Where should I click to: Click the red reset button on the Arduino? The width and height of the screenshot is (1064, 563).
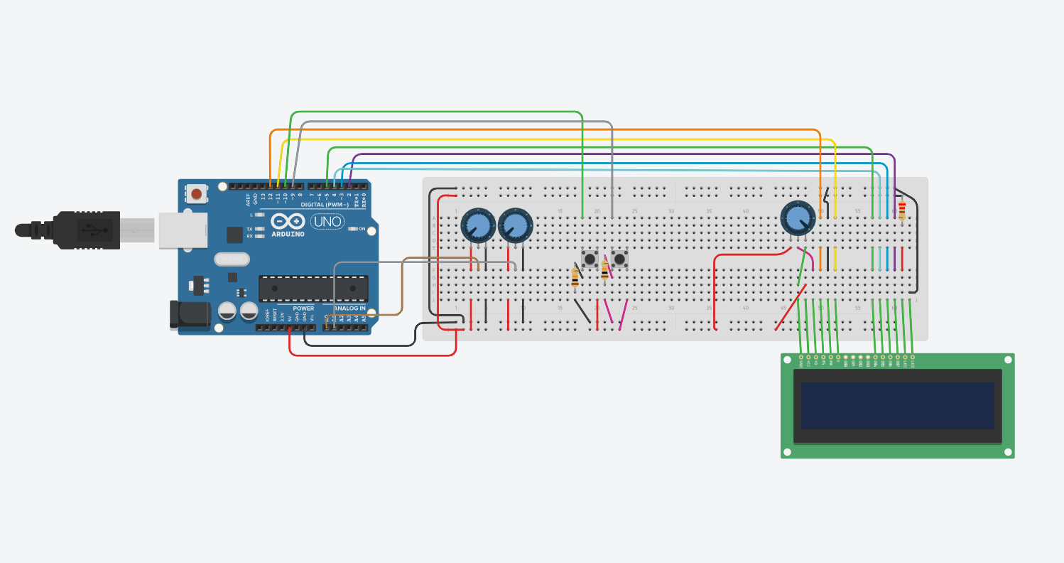coord(196,193)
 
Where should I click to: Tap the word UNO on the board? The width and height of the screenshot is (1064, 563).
coord(327,221)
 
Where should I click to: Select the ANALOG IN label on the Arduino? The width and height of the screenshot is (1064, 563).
coord(347,309)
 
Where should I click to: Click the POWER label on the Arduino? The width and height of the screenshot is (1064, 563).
coord(303,309)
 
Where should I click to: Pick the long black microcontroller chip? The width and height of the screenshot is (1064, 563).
coord(313,289)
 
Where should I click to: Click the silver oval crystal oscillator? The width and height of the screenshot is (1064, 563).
coord(232,259)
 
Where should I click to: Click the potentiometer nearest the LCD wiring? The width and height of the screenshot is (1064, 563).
coord(798,217)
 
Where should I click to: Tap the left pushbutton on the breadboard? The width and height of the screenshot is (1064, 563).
coord(590,259)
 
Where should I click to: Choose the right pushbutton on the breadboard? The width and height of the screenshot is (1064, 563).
coord(620,259)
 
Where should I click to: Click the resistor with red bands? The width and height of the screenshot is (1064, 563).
coord(902,210)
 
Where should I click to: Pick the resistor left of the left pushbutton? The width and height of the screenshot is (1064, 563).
coord(575,277)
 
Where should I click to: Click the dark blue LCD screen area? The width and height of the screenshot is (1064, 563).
coord(897,406)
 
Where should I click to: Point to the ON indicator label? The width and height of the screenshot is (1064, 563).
coord(362,229)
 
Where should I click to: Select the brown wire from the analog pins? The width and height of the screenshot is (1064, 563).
coord(403,284)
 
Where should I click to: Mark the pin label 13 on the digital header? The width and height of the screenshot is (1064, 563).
coord(263,197)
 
